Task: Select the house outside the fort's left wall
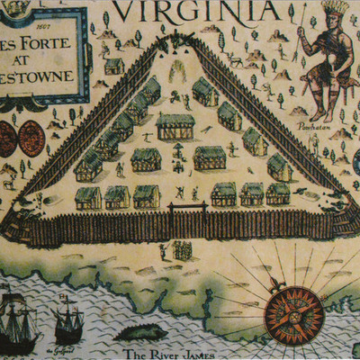[113, 66]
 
